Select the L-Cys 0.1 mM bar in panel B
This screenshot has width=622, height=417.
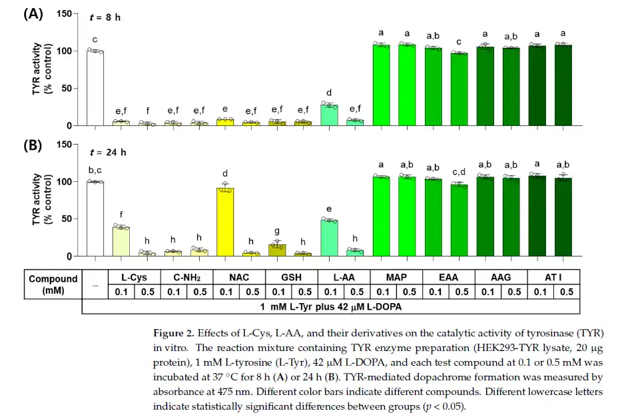[x=121, y=241]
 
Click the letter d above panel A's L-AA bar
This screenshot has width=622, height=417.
[x=330, y=93]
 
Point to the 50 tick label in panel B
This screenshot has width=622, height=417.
[x=66, y=219]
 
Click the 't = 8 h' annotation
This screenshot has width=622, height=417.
[x=105, y=17]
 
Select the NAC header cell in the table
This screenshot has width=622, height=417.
[x=238, y=276]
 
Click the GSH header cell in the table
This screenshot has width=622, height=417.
[x=291, y=276]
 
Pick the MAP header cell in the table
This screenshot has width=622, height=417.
[x=395, y=276]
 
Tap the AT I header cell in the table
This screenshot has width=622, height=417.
[x=552, y=276]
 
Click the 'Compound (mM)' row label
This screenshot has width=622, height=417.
[x=53, y=284]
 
